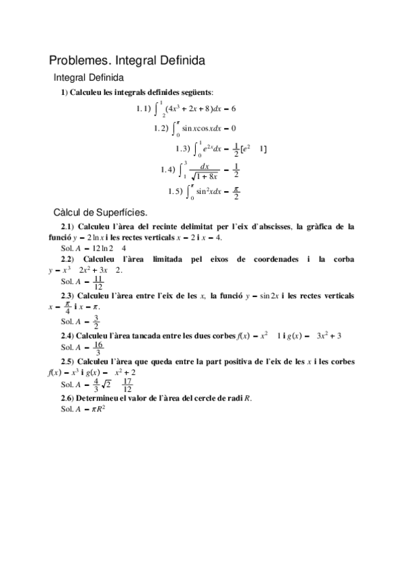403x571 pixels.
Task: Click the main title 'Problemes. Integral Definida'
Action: (x=127, y=60)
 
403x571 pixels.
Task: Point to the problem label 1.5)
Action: (x=176, y=191)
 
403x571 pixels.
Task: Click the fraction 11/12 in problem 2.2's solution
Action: (x=98, y=281)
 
